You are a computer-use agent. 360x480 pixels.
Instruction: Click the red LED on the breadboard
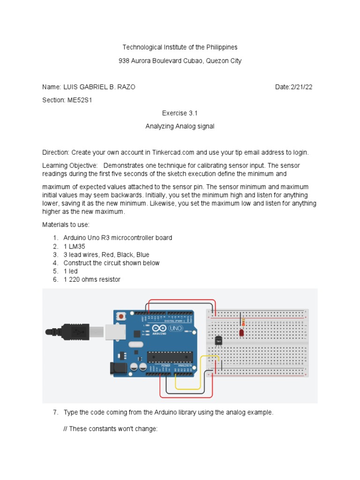[x=241, y=333]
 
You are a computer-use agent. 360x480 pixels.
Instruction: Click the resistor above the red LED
[x=243, y=322]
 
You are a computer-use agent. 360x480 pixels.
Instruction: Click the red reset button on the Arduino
[x=122, y=316]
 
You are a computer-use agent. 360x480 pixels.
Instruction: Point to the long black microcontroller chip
[x=169, y=357]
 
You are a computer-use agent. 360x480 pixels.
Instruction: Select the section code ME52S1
[x=79, y=100]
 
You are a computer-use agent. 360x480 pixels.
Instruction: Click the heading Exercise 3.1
[x=180, y=113]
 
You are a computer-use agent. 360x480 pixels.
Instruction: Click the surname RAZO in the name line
[x=127, y=87]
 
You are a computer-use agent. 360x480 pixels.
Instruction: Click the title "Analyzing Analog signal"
[x=180, y=127]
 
